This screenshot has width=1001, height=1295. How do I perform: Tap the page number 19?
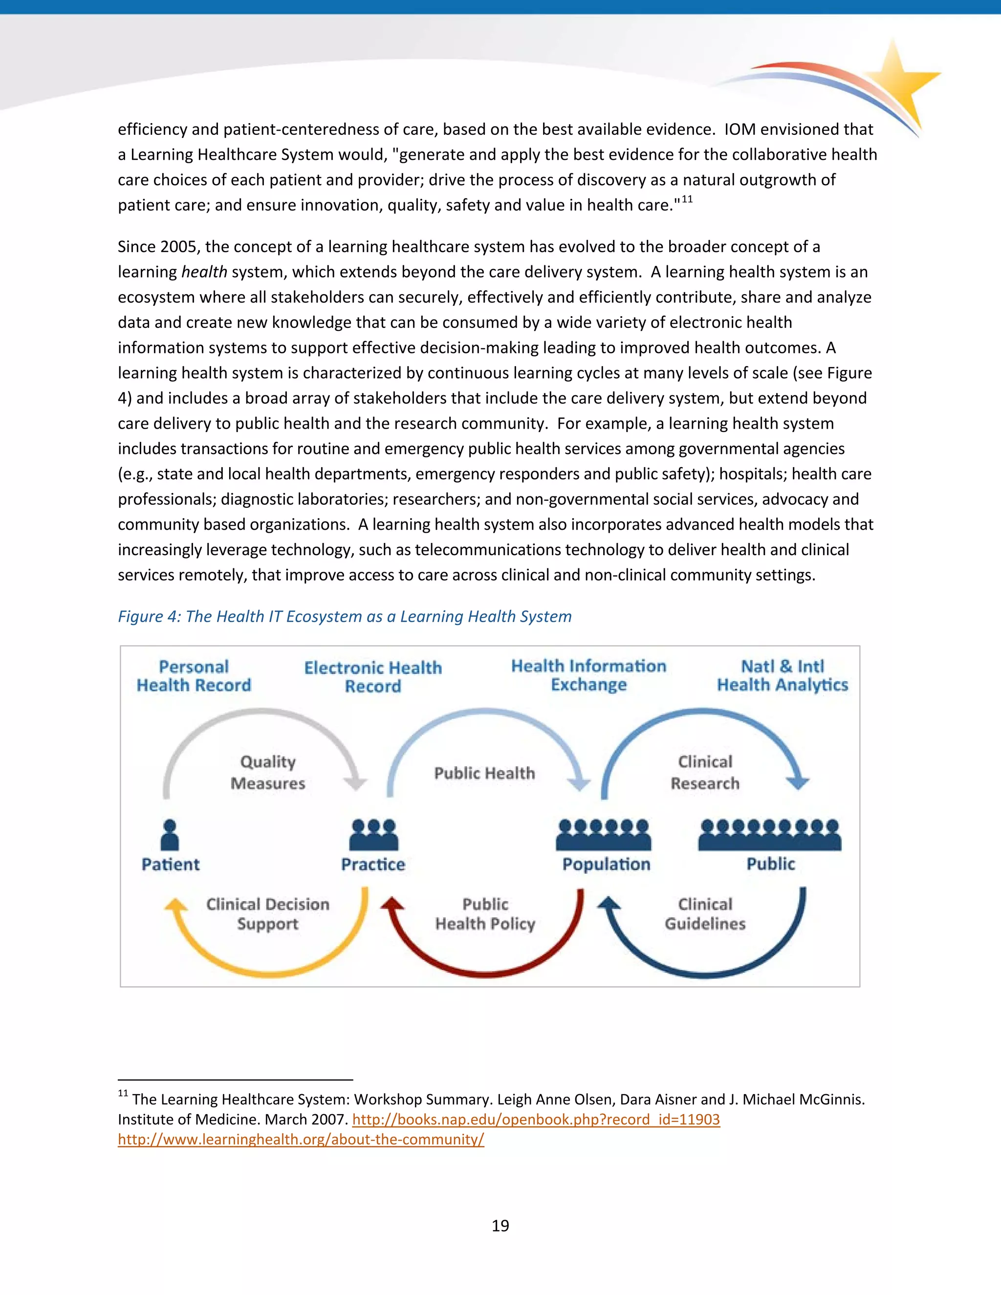(500, 1225)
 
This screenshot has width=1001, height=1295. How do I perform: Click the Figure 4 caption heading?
(345, 617)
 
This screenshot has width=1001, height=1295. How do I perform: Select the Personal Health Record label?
(194, 676)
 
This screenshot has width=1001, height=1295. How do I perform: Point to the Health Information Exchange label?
(588, 675)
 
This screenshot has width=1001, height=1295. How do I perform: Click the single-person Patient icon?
(170, 835)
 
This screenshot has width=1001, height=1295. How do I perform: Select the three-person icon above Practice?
(373, 835)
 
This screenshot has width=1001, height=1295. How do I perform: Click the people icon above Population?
(603, 835)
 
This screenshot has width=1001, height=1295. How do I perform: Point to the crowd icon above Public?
(769, 835)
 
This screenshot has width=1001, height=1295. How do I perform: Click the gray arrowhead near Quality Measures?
(356, 783)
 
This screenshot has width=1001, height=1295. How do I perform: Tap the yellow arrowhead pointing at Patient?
(175, 905)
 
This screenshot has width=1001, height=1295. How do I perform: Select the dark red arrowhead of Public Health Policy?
(392, 904)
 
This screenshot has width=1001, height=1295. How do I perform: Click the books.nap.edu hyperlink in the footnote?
(536, 1120)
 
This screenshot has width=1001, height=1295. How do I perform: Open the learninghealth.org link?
(301, 1139)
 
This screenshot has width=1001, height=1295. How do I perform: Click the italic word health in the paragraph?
(204, 272)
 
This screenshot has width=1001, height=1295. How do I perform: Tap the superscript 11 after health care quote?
(687, 199)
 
